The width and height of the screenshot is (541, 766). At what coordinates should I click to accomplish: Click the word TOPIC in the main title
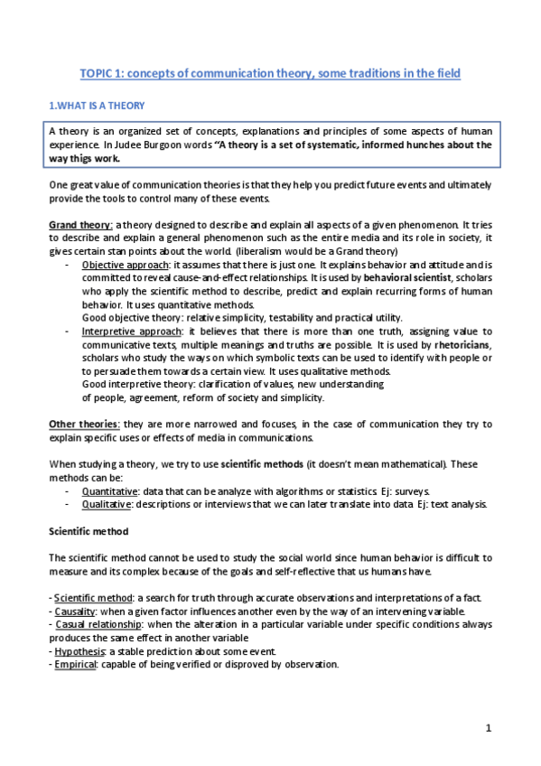tap(98, 71)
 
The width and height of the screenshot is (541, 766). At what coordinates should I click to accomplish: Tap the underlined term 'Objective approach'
tap(122, 265)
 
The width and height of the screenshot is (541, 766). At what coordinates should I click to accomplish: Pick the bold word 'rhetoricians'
tap(462, 345)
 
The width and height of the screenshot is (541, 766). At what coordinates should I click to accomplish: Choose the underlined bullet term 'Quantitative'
tap(109, 490)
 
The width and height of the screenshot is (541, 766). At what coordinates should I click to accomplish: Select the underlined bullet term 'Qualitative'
tap(107, 504)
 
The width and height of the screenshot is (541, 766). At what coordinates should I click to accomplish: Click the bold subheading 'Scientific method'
tap(89, 531)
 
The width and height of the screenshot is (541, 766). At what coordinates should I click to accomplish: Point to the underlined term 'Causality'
tap(77, 611)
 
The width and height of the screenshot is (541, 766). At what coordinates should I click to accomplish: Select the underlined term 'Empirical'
tap(76, 664)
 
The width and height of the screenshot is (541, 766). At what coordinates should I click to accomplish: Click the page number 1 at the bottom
tap(488, 728)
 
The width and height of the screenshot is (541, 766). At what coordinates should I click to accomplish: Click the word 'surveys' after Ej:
tap(419, 490)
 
